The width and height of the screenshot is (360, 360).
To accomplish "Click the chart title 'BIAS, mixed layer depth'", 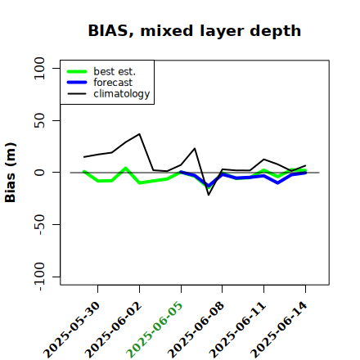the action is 195,31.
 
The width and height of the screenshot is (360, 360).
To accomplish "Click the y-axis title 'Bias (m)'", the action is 11,173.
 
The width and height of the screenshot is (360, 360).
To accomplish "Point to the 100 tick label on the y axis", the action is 39,68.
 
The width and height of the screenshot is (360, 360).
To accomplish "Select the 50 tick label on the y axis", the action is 39,120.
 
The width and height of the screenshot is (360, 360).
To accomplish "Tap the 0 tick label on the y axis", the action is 39,173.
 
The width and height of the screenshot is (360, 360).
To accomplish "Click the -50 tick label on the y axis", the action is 39,225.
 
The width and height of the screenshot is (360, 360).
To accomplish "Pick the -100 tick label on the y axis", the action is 39,277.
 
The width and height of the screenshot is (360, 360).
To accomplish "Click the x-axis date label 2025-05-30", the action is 72,330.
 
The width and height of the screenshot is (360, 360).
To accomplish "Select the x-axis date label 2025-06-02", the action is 114,330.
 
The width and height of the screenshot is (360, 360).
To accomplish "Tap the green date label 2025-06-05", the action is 155,330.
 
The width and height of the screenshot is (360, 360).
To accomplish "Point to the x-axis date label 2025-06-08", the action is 196,330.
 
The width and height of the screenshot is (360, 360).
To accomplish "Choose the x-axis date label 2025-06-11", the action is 238,330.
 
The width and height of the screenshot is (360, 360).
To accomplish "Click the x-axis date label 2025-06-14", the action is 279,330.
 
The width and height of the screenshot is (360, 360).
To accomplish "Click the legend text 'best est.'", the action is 115,71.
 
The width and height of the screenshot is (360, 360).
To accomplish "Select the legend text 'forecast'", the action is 113,83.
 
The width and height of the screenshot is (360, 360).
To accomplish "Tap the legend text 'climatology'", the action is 122,94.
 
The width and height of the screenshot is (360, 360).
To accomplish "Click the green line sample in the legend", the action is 77,71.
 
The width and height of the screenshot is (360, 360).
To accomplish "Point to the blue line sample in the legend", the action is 77,83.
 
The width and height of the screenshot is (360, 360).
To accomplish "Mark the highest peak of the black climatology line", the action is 139,133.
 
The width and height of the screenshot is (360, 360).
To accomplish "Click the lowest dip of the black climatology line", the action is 209,195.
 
